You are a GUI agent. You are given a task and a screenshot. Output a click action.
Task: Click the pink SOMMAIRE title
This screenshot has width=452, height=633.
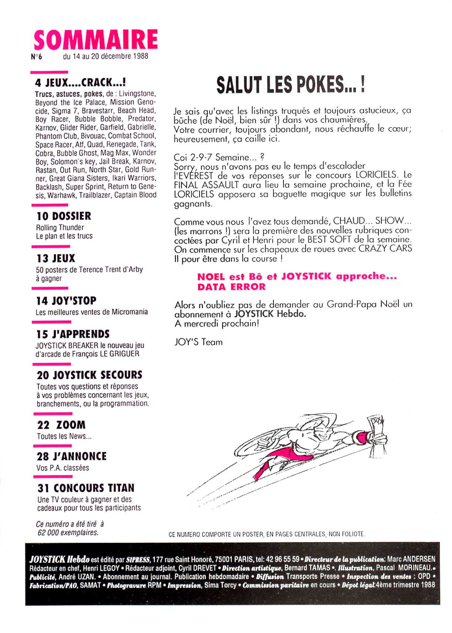[96, 40]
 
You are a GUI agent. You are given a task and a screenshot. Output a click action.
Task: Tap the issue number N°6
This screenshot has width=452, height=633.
[36, 56]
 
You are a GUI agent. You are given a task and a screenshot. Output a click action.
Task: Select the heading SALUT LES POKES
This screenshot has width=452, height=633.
[291, 84]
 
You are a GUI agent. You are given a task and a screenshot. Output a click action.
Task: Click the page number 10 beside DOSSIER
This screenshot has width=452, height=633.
[42, 216]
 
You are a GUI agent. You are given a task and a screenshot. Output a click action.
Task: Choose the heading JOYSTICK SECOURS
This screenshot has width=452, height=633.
[98, 375]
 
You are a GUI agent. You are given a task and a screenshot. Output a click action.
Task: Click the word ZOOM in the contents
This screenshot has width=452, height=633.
[71, 425]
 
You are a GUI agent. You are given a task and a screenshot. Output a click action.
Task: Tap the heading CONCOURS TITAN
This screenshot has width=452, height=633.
[94, 488]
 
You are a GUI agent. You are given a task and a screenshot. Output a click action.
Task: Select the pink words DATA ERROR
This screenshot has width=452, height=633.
[232, 287]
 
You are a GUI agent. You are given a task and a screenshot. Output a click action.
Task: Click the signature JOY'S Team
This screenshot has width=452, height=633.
[199, 342]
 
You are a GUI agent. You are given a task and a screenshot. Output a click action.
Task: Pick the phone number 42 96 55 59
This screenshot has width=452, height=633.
[283, 559]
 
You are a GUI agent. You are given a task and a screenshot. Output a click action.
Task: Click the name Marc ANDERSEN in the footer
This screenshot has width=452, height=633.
[411, 559]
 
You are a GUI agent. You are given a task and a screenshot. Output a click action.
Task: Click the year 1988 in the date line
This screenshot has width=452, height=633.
[140, 56]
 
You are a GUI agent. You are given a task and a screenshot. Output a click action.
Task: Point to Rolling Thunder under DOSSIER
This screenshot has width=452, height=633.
[60, 228]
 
